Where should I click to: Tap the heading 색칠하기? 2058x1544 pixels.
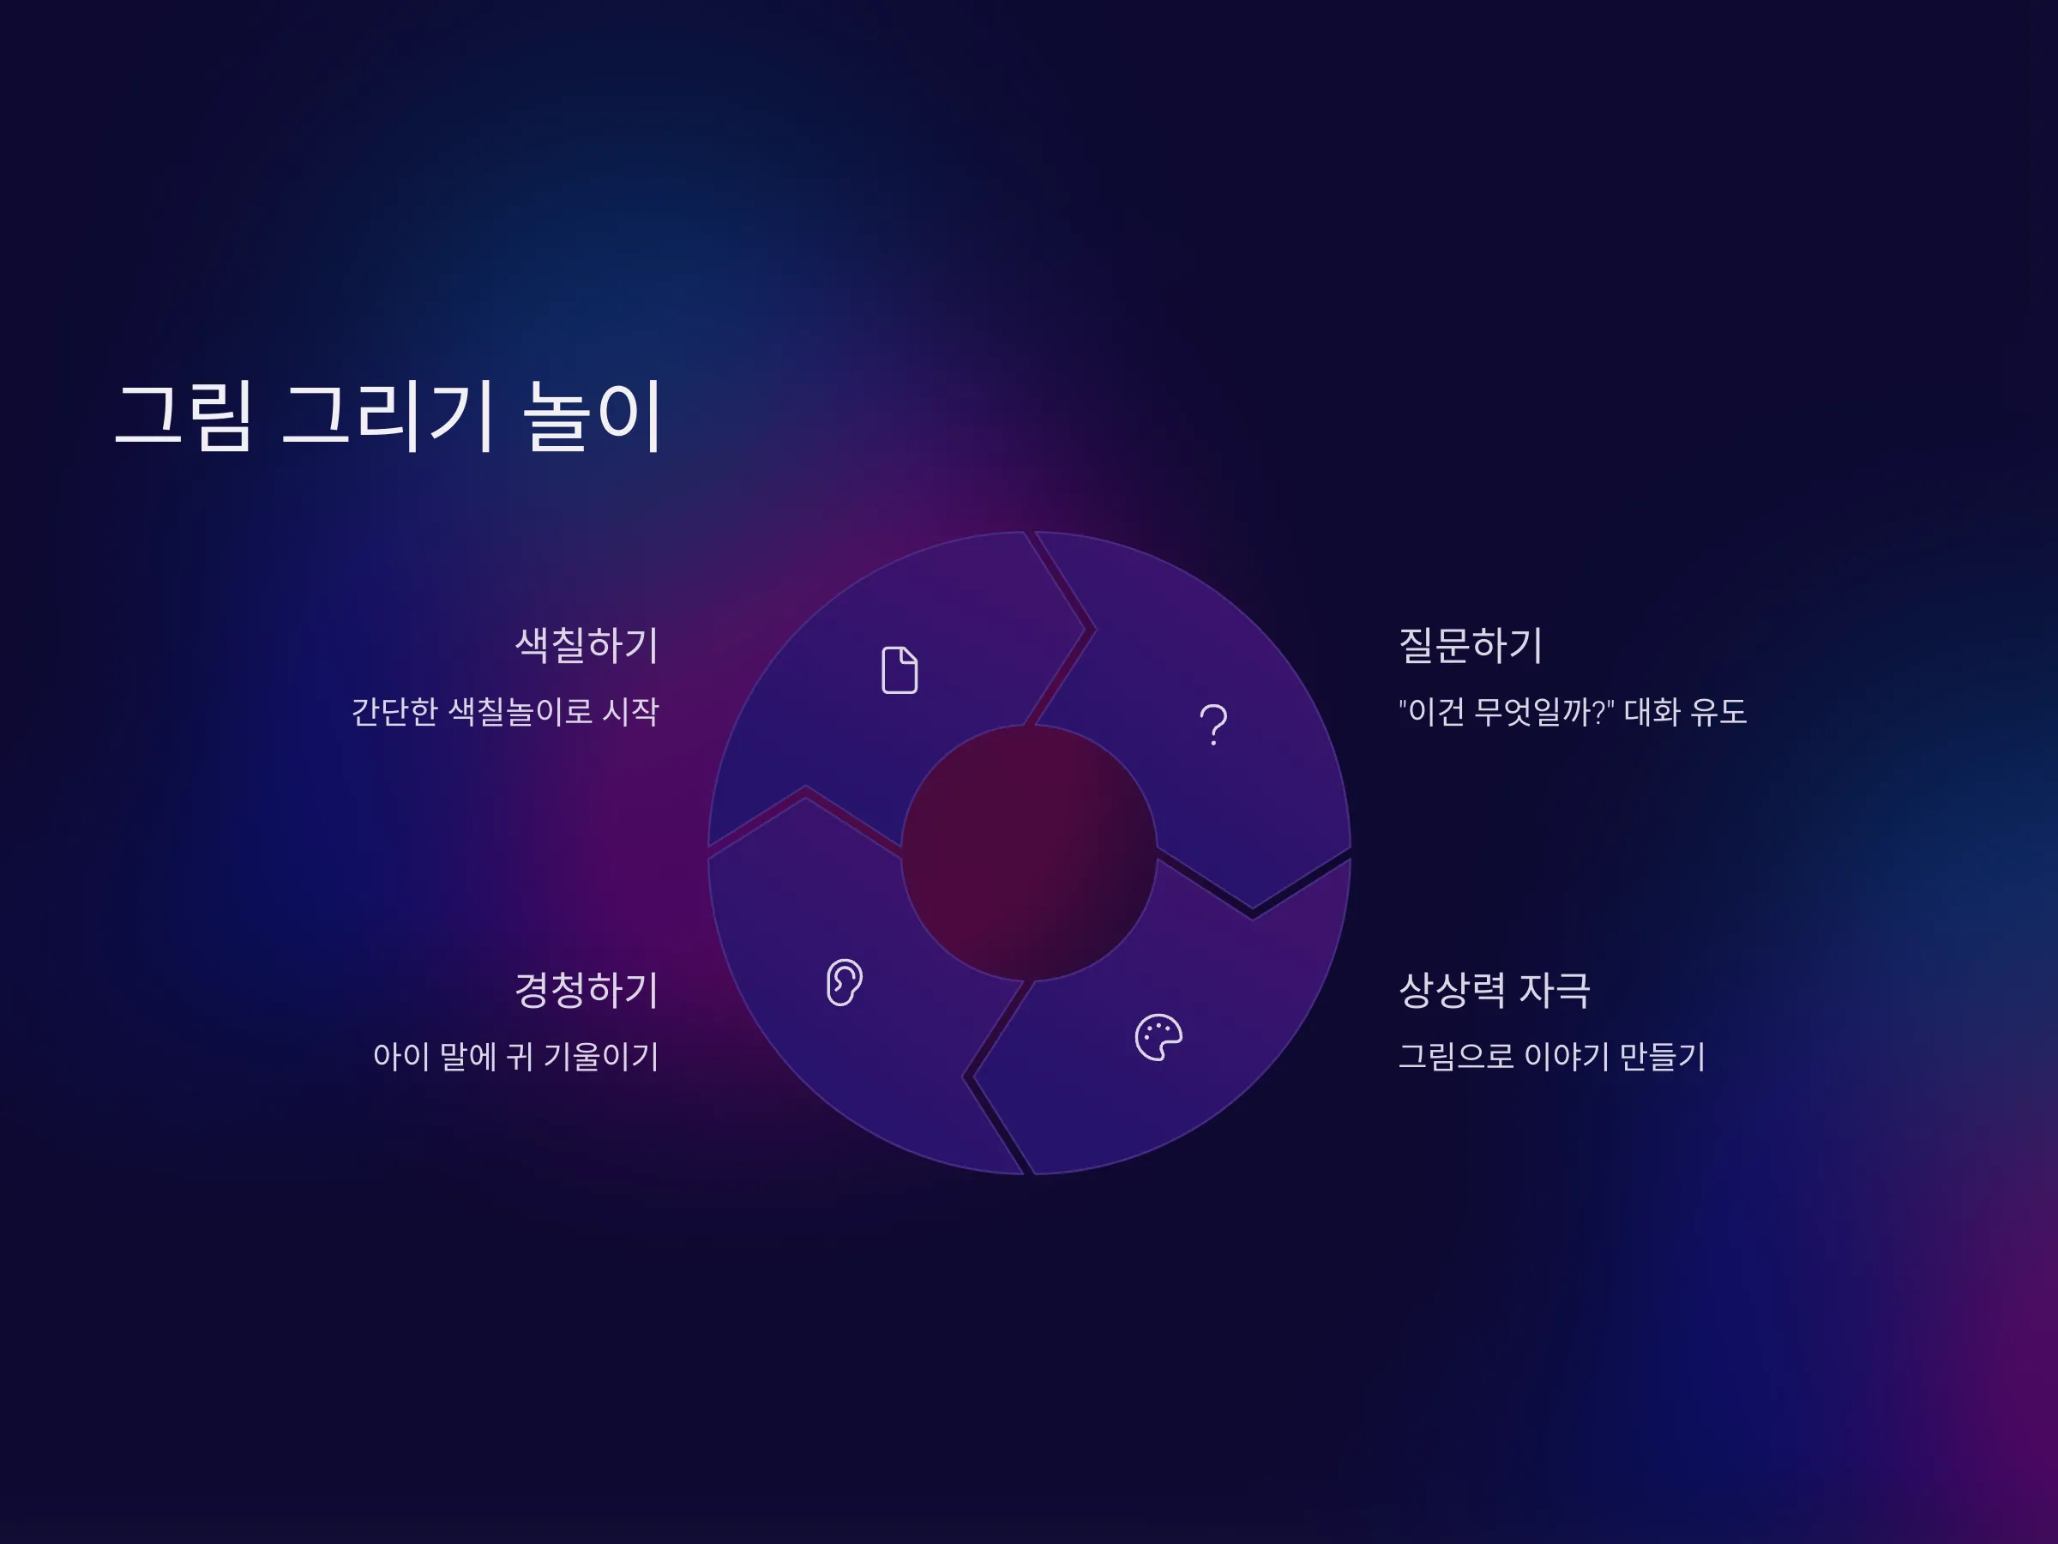pyautogui.click(x=587, y=645)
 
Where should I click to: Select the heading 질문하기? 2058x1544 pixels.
pyautogui.click(x=1471, y=645)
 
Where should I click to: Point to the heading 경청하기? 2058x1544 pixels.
pyautogui.click(x=587, y=989)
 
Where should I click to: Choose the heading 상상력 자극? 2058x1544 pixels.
pyautogui.click(x=1494, y=989)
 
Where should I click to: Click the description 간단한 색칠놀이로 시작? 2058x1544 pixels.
pyautogui.click(x=505, y=712)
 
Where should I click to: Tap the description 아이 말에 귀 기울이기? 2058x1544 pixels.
pyautogui.click(x=516, y=1056)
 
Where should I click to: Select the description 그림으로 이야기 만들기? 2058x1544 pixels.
pyautogui.click(x=1552, y=1056)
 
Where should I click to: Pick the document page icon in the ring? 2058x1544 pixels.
pyautogui.click(x=900, y=670)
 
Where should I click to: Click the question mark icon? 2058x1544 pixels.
pyautogui.click(x=1213, y=724)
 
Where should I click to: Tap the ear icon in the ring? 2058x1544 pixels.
pyautogui.click(x=844, y=982)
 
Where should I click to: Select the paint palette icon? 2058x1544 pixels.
pyautogui.click(x=1158, y=1037)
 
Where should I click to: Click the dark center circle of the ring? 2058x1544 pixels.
pyautogui.click(x=1029, y=853)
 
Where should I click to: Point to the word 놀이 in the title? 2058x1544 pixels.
pyautogui.click(x=593, y=416)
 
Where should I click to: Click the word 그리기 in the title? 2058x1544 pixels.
pyautogui.click(x=386, y=416)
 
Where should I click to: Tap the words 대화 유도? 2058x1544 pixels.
pyautogui.click(x=1685, y=712)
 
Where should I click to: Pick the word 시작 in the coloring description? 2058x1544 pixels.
pyautogui.click(x=631, y=712)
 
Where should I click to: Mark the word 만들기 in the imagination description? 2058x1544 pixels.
pyautogui.click(x=1662, y=1056)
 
